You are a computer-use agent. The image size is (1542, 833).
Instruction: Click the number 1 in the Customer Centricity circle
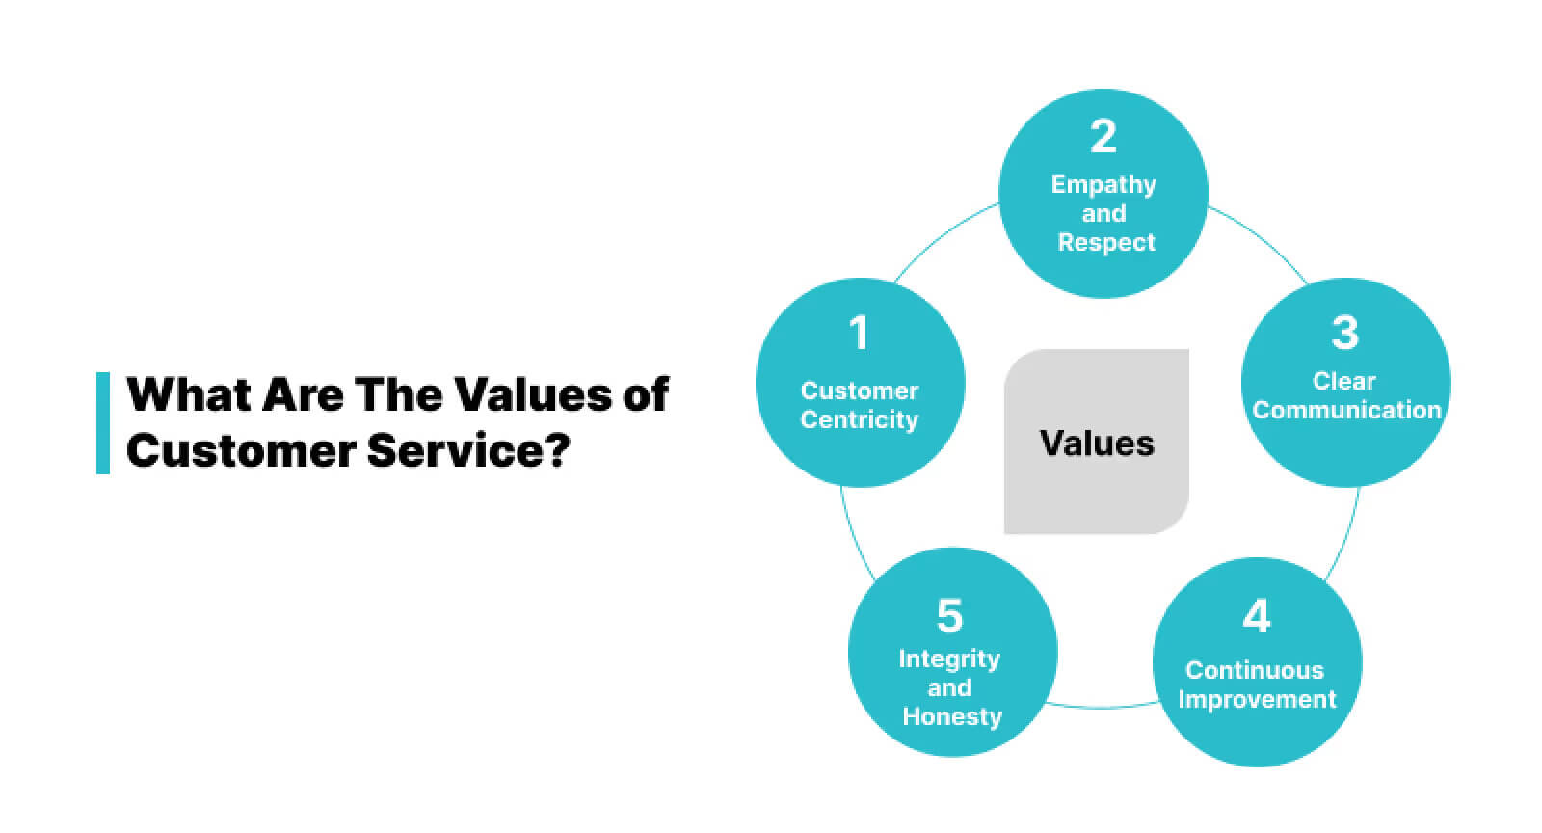[x=859, y=334]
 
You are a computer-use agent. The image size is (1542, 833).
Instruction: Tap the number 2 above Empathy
[x=1103, y=137]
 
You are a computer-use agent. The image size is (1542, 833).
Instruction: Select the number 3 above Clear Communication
[x=1344, y=334]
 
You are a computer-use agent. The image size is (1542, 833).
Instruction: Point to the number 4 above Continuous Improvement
[x=1256, y=617]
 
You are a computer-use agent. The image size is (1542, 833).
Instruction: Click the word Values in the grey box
[x=1097, y=443]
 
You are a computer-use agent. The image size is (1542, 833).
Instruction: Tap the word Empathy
[x=1103, y=184]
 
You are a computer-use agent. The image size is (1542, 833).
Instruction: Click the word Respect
[x=1106, y=242]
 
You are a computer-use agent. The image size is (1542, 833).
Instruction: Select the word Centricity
[x=859, y=420]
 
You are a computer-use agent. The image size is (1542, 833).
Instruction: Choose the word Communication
[x=1346, y=410]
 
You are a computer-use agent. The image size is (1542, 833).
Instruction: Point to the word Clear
[x=1344, y=381]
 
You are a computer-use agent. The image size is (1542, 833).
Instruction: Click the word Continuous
[x=1255, y=670]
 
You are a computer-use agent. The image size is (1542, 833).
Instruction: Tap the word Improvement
[x=1257, y=699]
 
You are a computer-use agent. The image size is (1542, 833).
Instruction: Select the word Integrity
[x=949, y=659]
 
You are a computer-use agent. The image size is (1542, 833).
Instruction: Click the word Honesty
[x=952, y=716]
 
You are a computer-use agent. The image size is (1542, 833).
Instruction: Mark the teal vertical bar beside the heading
[x=103, y=422]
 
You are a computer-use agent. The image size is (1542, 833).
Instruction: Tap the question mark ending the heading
[x=557, y=451]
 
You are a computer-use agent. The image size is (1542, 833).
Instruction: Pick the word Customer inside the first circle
[x=859, y=391]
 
